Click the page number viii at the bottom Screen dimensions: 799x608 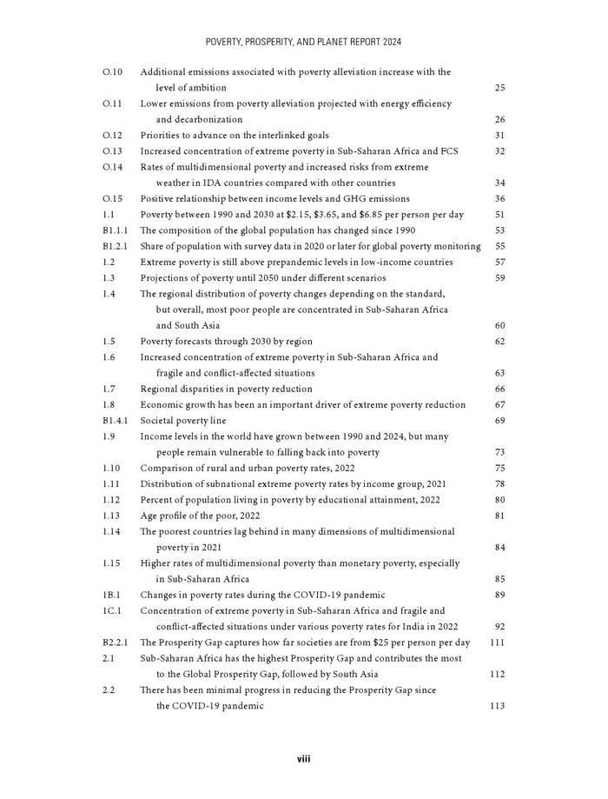tap(303, 759)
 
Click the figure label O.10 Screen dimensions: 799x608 tap(112, 72)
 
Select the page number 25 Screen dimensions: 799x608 tap(499, 88)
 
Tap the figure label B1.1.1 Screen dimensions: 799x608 tap(116, 230)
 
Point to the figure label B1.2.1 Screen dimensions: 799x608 tap(116, 246)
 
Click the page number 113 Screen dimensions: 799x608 tap(497, 706)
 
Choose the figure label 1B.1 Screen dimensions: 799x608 tap(112, 595)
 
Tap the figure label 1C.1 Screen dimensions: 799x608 tap(112, 611)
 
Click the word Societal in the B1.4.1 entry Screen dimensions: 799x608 tap(158, 421)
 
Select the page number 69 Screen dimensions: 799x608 tap(499, 421)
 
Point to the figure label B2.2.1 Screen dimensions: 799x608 tap(116, 643)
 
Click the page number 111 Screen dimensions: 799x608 tap(497, 643)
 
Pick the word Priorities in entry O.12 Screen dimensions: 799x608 tap(162, 136)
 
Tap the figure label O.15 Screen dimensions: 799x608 tap(112, 199)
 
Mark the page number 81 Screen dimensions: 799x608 tap(499, 516)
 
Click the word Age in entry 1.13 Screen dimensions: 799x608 tap(149, 516)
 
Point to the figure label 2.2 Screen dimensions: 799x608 tap(109, 690)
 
